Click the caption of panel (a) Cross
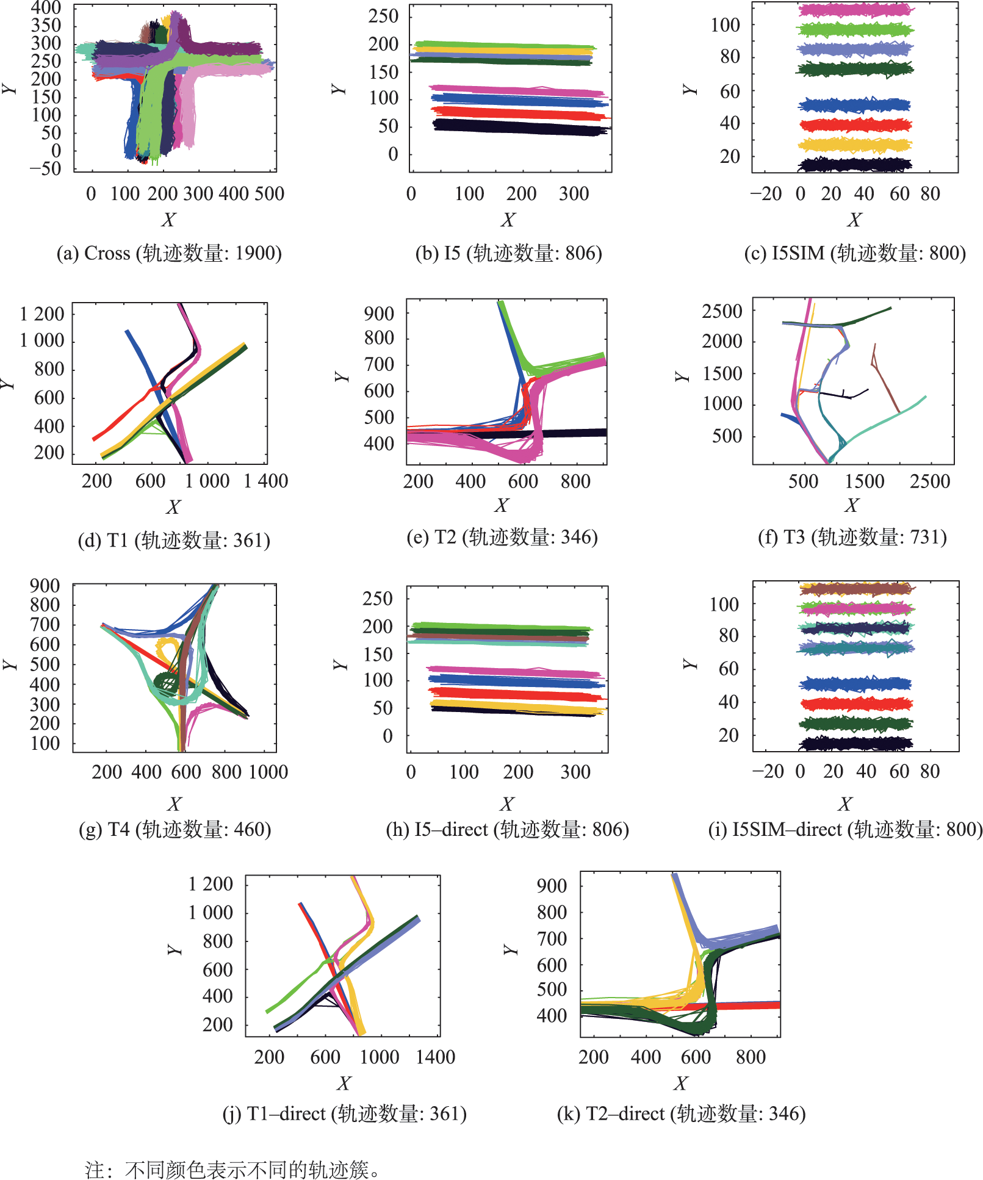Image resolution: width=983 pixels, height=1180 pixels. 169,253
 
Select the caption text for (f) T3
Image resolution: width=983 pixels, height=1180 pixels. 852,538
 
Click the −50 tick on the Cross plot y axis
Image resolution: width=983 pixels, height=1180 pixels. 45,169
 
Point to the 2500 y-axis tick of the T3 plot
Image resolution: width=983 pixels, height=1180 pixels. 722,311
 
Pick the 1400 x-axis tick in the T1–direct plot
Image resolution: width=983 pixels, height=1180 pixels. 435,1057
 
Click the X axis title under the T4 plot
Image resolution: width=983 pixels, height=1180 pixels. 175,804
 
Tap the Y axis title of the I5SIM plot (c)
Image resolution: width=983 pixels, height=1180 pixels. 690,90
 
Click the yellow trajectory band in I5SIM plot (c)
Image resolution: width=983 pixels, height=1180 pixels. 854,145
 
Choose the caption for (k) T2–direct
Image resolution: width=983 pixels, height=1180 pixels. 681,1114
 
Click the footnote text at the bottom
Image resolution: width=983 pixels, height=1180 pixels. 232,1170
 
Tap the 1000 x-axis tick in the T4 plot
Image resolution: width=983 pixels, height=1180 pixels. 268,772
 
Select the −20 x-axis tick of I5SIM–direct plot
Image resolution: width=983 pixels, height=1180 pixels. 768,771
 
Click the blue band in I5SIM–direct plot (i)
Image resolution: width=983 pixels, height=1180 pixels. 854,684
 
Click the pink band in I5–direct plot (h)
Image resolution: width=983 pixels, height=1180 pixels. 513,672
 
